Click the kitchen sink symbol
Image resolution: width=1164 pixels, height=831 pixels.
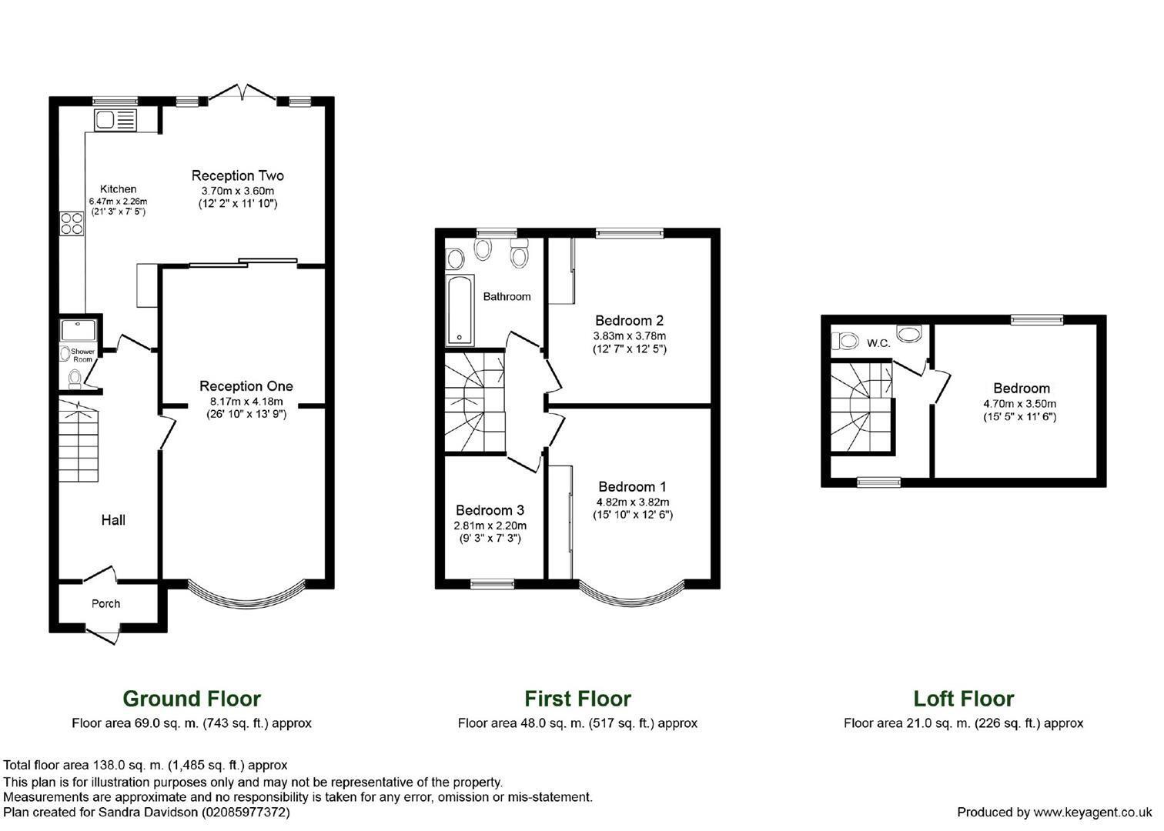click(x=115, y=120)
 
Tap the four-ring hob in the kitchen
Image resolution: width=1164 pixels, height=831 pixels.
click(x=72, y=223)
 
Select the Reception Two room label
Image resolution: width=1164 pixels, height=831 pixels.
click(x=237, y=175)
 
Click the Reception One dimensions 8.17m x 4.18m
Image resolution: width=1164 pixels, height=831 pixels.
click(x=246, y=402)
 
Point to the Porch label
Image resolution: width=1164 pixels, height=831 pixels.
click(x=105, y=604)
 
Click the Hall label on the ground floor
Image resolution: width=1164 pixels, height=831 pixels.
click(x=113, y=521)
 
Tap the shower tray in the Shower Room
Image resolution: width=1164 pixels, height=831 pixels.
click(x=79, y=330)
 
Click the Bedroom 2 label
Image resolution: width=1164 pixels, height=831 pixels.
click(x=629, y=320)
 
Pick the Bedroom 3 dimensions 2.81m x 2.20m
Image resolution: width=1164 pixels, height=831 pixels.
click(x=490, y=526)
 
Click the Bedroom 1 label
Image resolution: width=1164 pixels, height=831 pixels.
click(x=632, y=487)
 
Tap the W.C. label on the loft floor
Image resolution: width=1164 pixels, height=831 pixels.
click(x=878, y=343)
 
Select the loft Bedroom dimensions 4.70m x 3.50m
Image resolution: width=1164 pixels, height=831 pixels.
click(x=1020, y=404)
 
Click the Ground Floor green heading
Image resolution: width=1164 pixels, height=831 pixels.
click(x=192, y=699)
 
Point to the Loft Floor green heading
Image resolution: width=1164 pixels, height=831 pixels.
click(x=963, y=699)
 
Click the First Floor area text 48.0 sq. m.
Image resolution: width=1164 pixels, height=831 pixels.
click(x=577, y=723)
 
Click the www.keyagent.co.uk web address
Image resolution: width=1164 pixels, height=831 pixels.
click(x=1092, y=813)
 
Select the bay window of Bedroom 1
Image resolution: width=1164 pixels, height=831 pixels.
click(x=630, y=597)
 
